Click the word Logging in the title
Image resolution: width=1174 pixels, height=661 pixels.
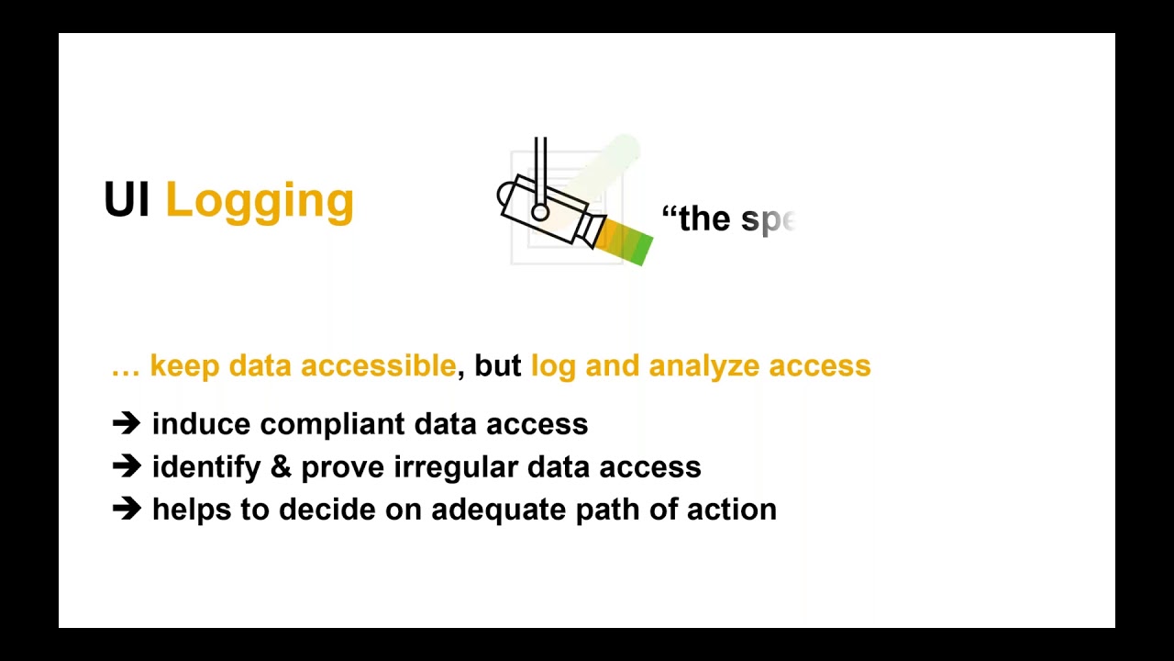pyautogui.click(x=260, y=201)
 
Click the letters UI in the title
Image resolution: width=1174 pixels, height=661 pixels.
pyautogui.click(x=127, y=200)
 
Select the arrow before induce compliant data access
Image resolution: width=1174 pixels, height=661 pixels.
pyautogui.click(x=126, y=423)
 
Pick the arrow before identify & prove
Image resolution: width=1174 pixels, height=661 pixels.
pyautogui.click(x=126, y=466)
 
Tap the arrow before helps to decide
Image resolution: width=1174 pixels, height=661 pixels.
pyautogui.click(x=126, y=509)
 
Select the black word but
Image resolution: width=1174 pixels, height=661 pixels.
pyautogui.click(x=498, y=365)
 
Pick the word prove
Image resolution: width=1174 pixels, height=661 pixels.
pyautogui.click(x=343, y=468)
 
